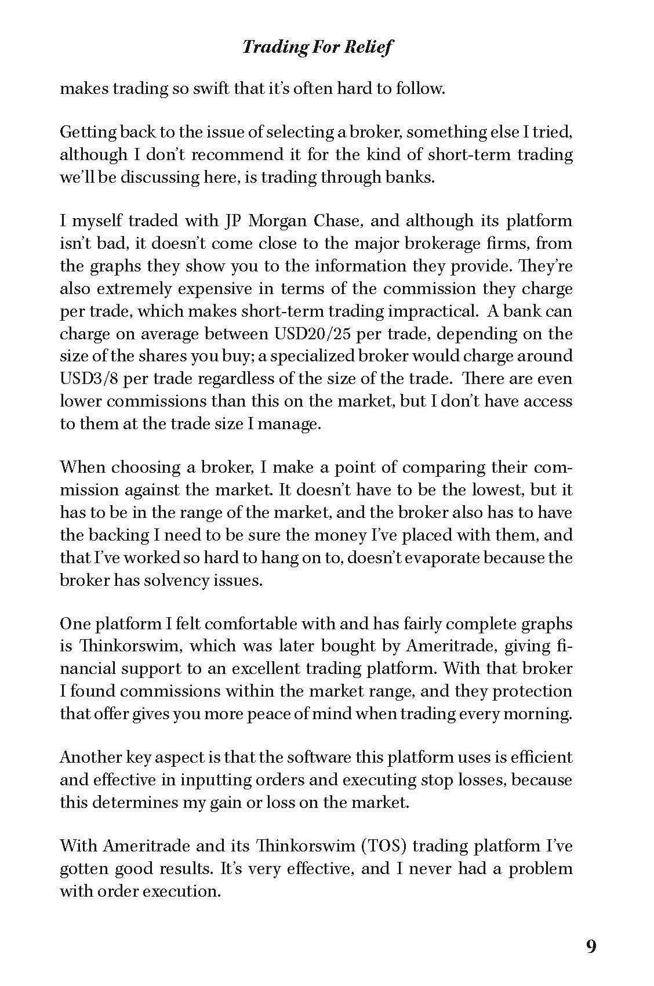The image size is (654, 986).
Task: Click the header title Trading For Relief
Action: (317, 46)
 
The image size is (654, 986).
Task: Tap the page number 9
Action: (591, 947)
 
